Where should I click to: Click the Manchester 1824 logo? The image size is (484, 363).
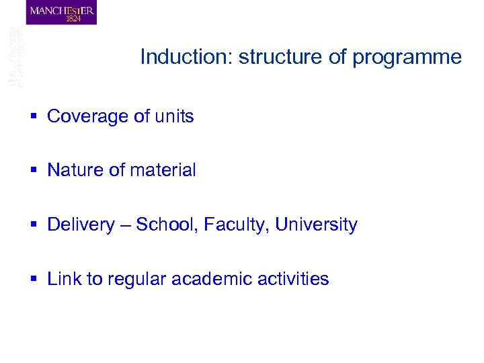tap(61, 13)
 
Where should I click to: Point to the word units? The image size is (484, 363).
tap(174, 116)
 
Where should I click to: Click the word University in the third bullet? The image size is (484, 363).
tap(316, 225)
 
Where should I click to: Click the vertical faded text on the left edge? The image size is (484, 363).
tap(15, 57)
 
